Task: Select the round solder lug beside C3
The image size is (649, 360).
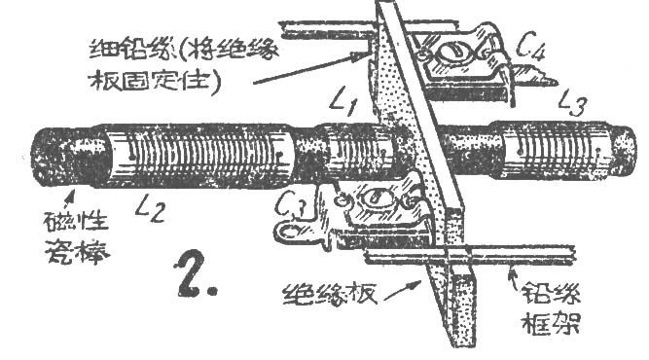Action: click(284, 234)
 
